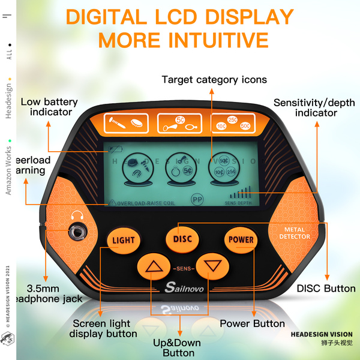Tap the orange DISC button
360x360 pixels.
click(x=182, y=239)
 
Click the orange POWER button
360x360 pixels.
click(x=241, y=239)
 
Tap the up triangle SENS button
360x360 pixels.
click(x=154, y=268)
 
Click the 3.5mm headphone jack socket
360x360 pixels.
click(x=77, y=231)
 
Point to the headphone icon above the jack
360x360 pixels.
click(x=77, y=215)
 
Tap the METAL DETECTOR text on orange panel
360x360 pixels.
click(x=295, y=233)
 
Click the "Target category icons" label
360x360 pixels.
click(x=214, y=79)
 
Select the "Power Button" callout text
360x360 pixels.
click(x=252, y=323)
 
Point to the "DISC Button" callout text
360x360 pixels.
click(x=326, y=289)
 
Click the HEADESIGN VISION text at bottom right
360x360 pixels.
click(x=322, y=334)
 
